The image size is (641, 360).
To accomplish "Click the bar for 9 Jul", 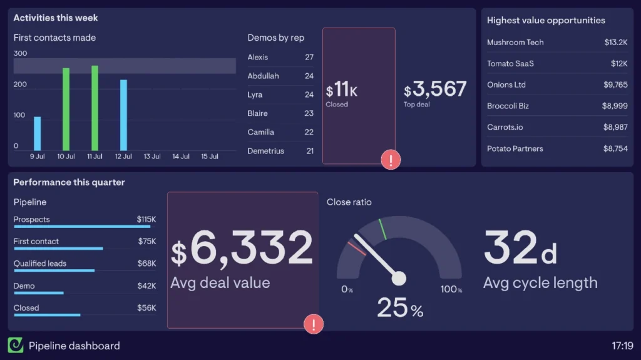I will [37, 134].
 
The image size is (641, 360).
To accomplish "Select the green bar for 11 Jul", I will [95, 108].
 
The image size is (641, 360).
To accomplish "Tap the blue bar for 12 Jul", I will [123, 115].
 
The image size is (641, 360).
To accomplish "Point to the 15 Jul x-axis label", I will [209, 157].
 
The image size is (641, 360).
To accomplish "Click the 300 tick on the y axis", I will [20, 54].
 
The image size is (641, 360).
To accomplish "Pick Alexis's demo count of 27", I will [309, 57].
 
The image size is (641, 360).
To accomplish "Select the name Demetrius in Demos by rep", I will [265, 151].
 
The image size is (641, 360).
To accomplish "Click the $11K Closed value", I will [341, 91].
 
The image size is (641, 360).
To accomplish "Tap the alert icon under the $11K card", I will [391, 160].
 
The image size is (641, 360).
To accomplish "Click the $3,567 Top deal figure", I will [435, 90].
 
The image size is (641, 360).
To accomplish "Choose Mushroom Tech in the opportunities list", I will [515, 43].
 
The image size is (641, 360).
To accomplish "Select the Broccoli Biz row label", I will [508, 106].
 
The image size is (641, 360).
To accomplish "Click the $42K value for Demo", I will [146, 285].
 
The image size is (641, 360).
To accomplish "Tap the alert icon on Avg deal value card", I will [313, 324].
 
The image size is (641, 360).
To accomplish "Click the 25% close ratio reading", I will [399, 308].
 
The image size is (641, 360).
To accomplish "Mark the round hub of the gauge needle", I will [399, 278].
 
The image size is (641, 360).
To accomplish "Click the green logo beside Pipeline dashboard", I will [16, 345].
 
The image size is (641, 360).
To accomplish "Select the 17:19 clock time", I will [622, 346].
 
